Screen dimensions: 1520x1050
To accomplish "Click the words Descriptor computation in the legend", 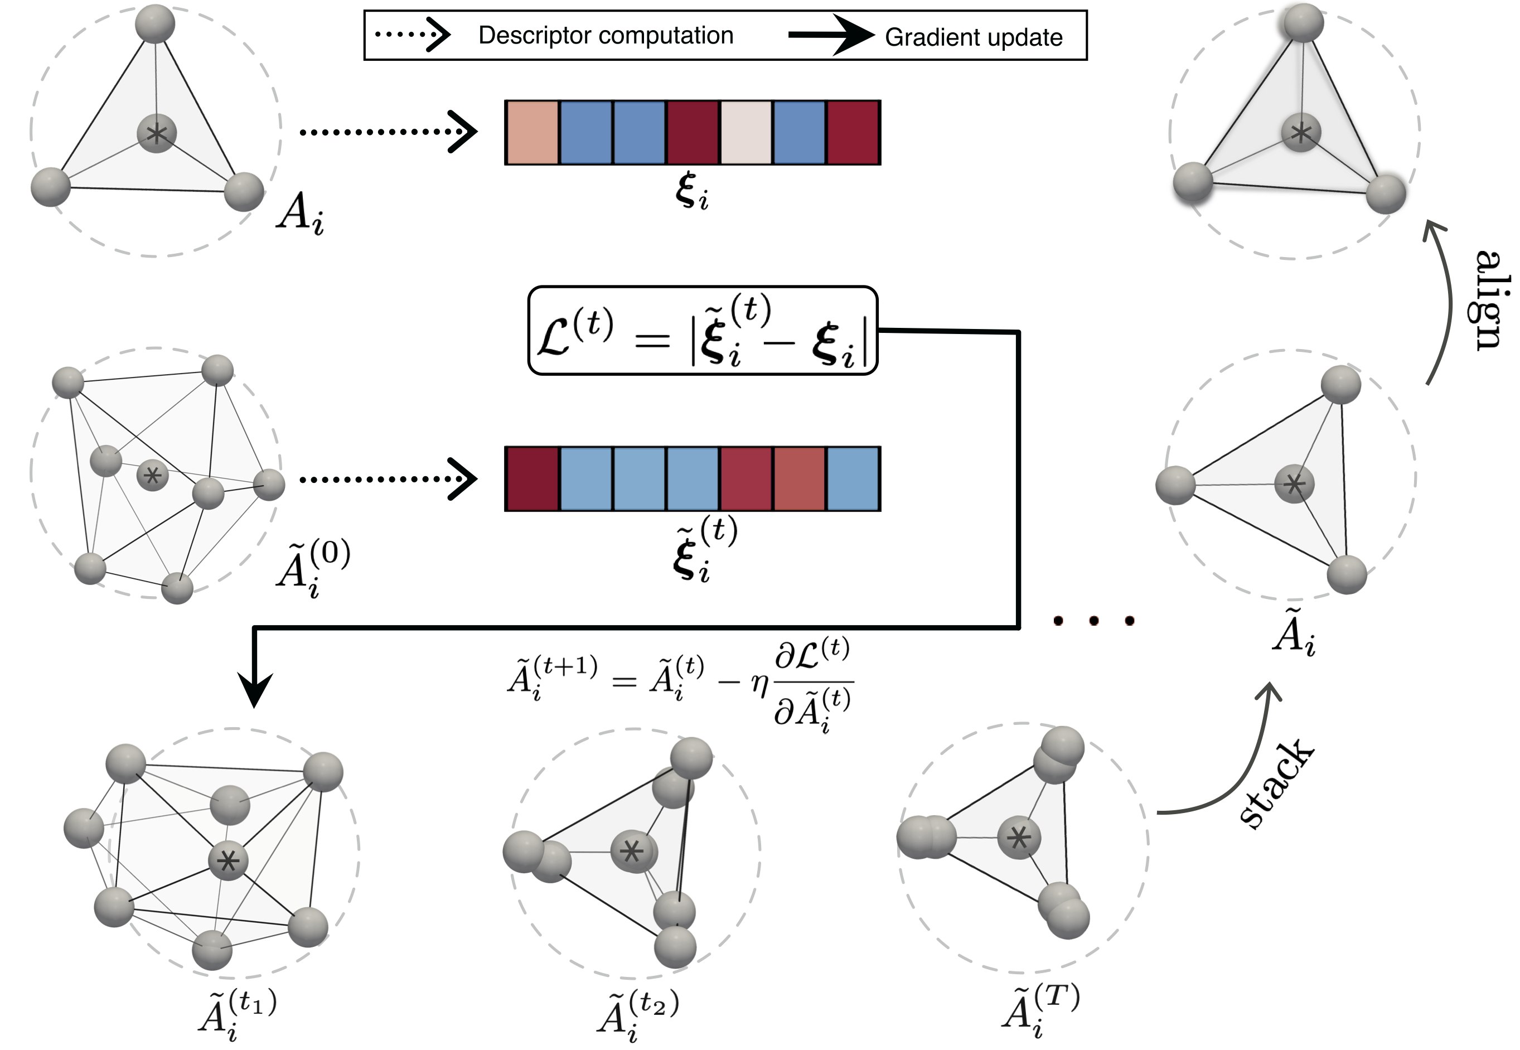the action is click(x=606, y=36).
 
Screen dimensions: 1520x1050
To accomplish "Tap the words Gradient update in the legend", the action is click(x=974, y=37).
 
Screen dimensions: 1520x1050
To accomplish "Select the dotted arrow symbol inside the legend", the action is click(x=413, y=34).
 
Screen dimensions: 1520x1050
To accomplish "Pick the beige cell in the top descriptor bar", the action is click(x=747, y=132).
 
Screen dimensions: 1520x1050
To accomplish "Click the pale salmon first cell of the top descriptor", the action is click(x=532, y=132).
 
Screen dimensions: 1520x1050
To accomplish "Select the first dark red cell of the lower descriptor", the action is click(x=532, y=479).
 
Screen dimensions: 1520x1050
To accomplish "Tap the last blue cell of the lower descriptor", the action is click(x=853, y=479).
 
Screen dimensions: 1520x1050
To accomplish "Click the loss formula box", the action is click(x=703, y=330).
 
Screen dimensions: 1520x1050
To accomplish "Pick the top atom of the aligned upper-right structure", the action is click(x=1303, y=23).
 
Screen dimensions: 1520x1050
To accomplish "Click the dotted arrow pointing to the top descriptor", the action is click(x=388, y=132).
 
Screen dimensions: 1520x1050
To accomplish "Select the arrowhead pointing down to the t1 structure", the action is click(x=254, y=691).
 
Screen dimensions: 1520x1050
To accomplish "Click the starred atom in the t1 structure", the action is click(x=228, y=860).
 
